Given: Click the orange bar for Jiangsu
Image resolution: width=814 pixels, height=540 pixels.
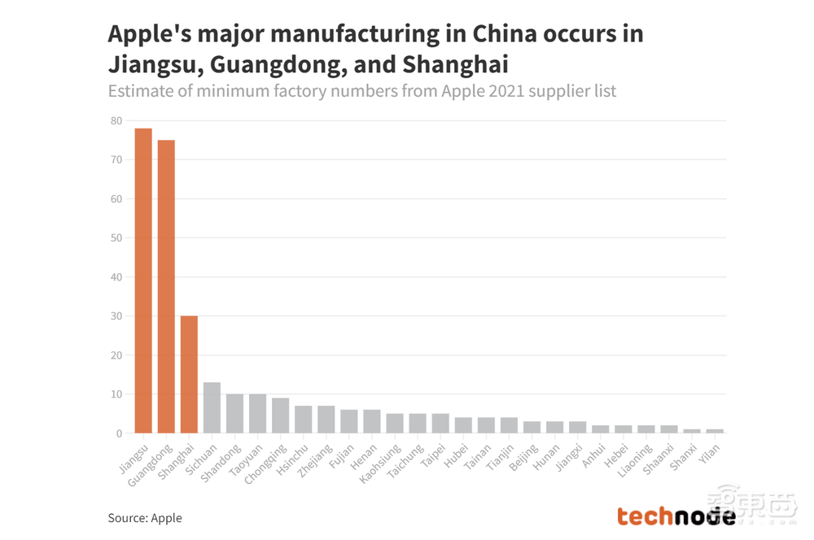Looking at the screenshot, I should pos(143,281).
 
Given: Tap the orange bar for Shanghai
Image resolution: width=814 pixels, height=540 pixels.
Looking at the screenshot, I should pos(189,374).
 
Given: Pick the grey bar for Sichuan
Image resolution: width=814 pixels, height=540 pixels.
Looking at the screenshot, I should pos(212,407).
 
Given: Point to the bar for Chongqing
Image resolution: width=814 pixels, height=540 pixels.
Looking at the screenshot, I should pos(280,416).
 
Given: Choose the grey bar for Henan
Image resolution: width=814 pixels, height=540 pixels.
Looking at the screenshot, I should pos(371,421).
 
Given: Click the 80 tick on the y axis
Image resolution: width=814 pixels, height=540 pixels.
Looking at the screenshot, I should pos(116,120).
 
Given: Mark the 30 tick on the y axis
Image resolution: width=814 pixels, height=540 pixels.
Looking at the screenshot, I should pos(116,316).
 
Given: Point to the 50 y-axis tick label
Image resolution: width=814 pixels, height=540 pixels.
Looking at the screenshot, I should pos(116,238).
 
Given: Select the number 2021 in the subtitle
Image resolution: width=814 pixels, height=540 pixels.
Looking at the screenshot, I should pos(501,90).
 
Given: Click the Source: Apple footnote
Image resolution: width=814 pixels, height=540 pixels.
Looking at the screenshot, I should pos(145,517).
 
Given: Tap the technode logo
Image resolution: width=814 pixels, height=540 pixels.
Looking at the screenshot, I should pos(676,516).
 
